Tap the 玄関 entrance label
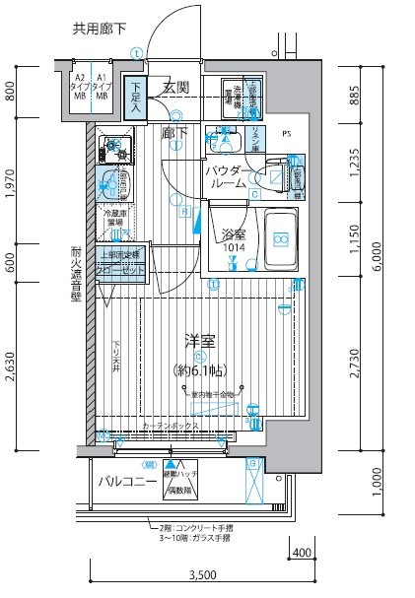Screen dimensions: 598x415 (176, 89)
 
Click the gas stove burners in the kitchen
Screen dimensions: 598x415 (116, 149)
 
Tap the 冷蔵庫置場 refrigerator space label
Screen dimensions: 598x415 (112, 218)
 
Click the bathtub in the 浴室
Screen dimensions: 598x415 (282, 240)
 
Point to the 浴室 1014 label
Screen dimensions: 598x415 (235, 241)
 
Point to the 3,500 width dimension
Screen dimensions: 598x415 (200, 574)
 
